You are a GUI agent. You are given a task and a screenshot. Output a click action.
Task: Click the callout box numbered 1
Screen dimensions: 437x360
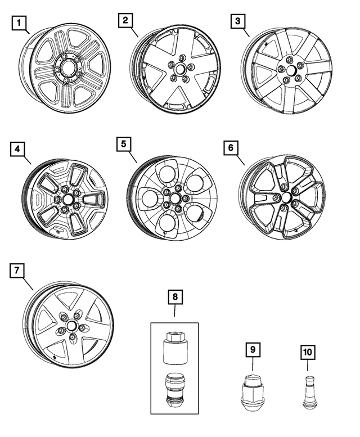[x=20, y=24]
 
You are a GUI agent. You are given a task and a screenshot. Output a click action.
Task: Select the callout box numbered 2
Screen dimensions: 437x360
[x=125, y=21]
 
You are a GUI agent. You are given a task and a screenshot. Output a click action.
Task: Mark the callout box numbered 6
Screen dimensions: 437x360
[x=231, y=148]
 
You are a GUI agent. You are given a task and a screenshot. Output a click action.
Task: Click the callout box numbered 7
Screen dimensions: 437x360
[x=18, y=271]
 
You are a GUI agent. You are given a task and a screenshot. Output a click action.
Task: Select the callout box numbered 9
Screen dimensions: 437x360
[x=253, y=350]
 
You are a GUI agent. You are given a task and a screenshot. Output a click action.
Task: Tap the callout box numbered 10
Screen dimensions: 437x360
[x=309, y=353]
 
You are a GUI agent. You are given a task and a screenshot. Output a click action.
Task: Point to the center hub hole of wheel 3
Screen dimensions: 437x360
[x=290, y=71]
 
